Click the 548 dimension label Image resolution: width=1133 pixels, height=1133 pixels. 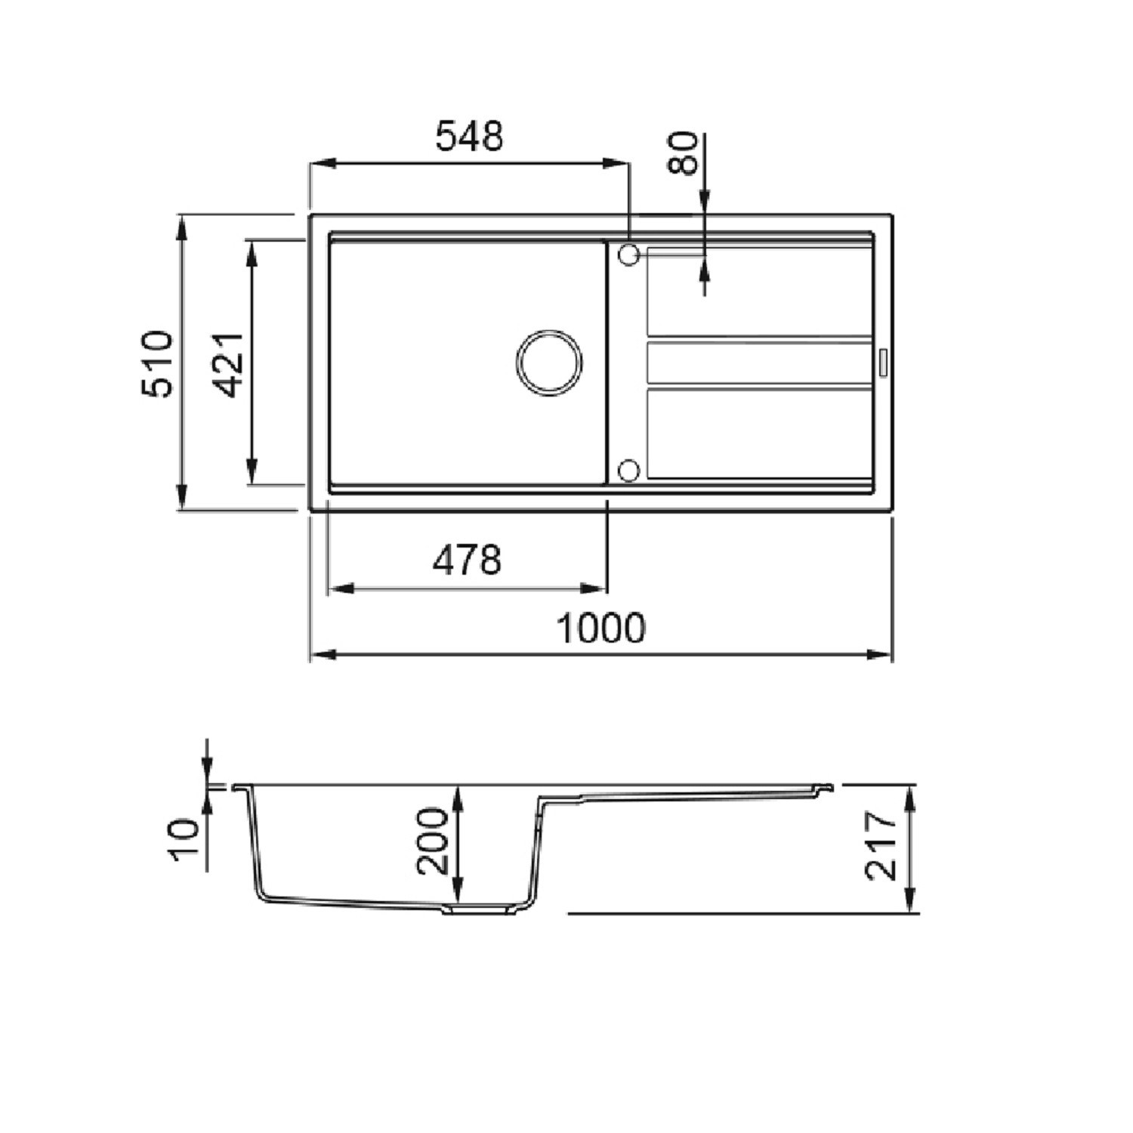coord(469,137)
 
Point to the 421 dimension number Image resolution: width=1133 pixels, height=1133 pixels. coord(227,365)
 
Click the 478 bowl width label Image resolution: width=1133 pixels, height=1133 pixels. coord(467,560)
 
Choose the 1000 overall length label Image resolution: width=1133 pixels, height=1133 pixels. coord(600,628)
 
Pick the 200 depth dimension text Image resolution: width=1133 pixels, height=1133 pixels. coord(433,841)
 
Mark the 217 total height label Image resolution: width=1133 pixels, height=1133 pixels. coord(881,846)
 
